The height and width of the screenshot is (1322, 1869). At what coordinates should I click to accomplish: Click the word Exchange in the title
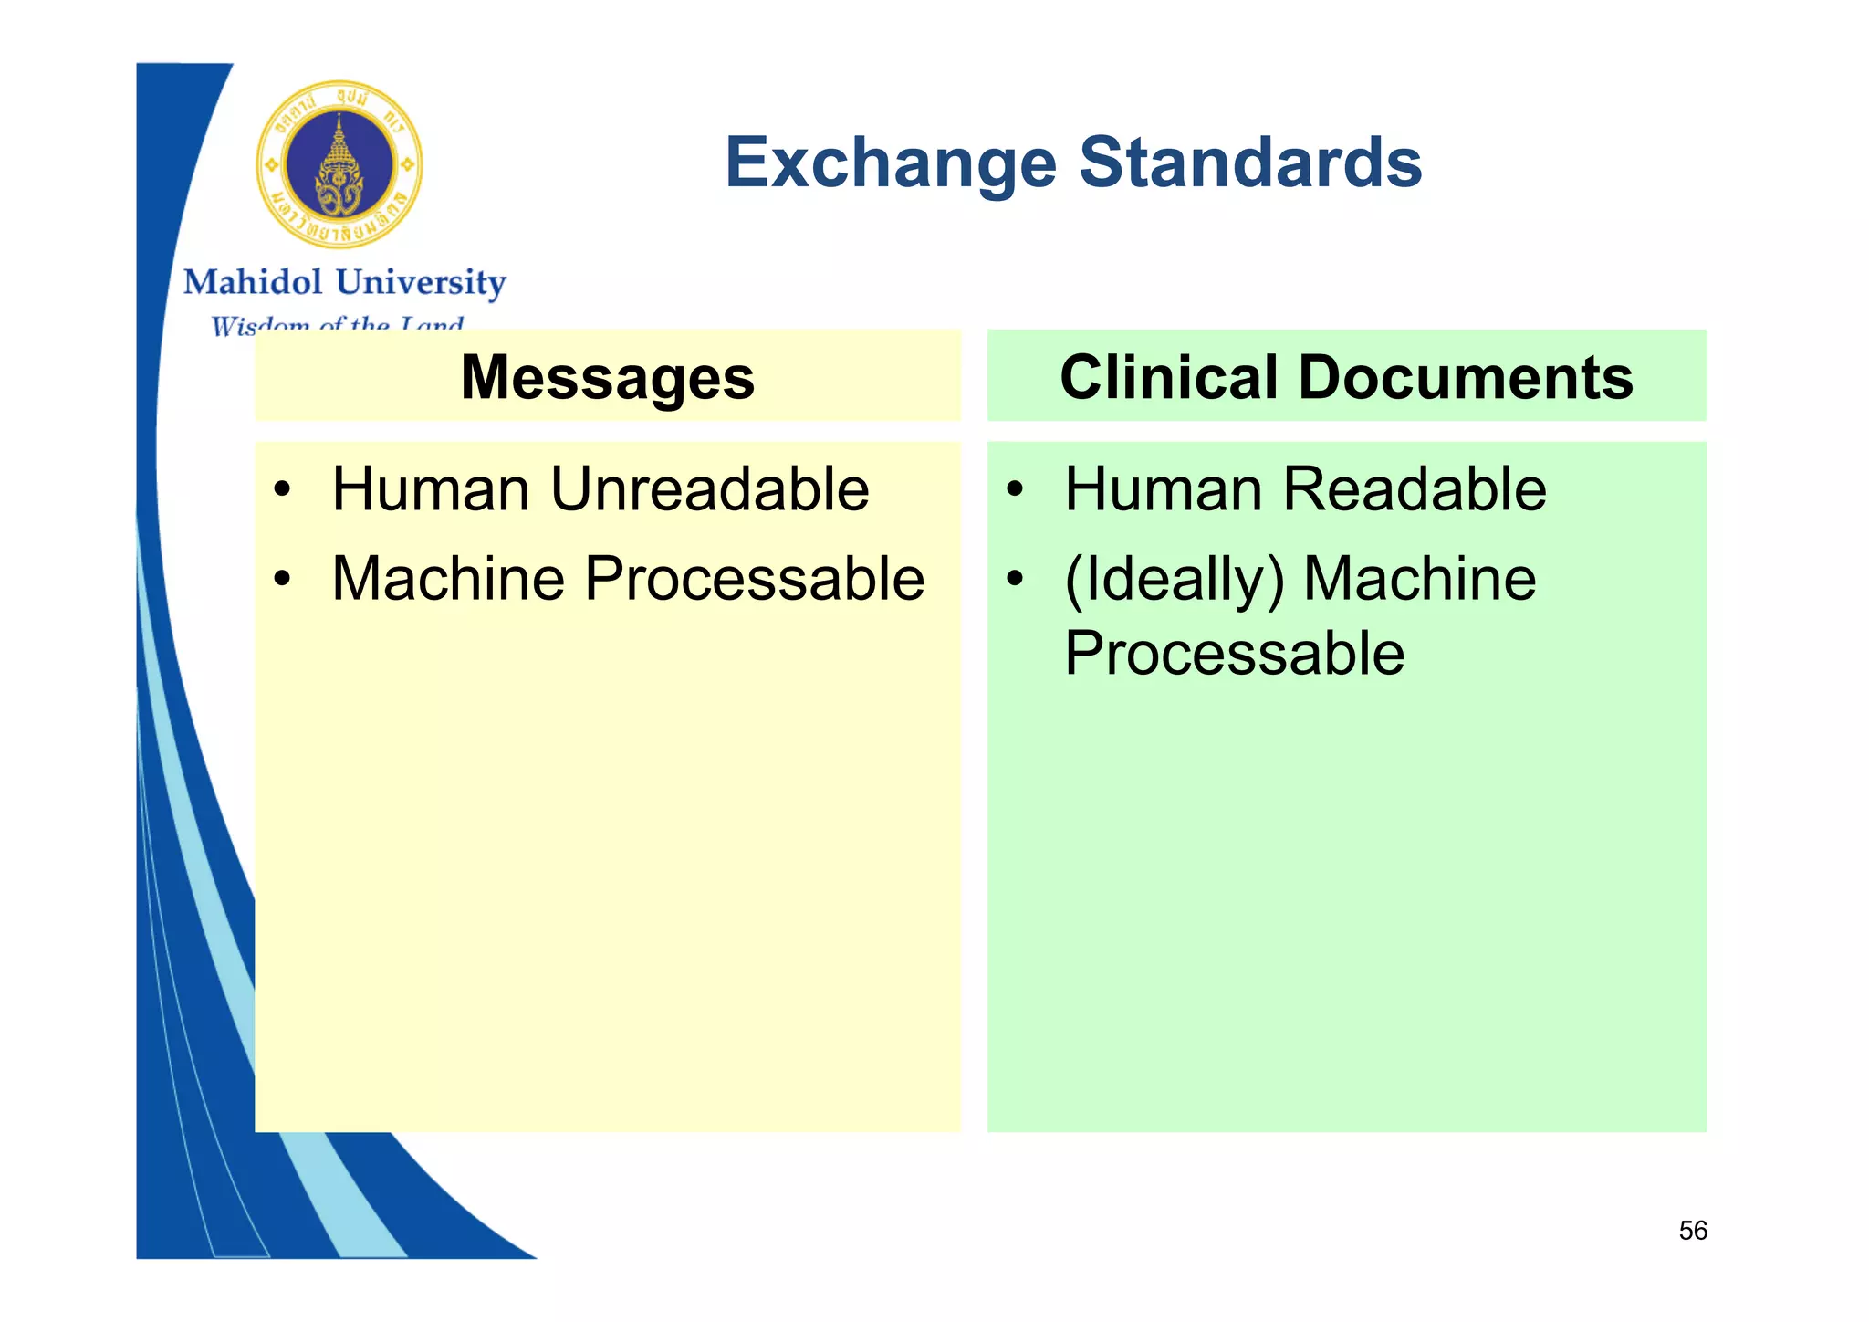click(891, 163)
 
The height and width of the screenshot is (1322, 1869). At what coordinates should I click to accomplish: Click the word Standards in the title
click(1250, 163)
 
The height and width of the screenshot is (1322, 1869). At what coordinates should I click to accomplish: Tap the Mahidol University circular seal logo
click(339, 165)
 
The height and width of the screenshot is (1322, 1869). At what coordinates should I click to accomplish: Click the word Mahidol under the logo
click(253, 282)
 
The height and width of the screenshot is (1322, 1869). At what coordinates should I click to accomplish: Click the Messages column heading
click(608, 377)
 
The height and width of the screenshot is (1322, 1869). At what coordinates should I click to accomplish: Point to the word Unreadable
click(710, 489)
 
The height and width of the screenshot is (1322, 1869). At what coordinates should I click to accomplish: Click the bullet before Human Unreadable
click(283, 490)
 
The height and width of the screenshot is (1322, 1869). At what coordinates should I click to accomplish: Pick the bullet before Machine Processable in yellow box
click(283, 579)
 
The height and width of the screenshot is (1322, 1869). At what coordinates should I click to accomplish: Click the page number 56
click(1692, 1231)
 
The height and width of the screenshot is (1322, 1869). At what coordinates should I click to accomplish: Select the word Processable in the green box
click(1234, 654)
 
